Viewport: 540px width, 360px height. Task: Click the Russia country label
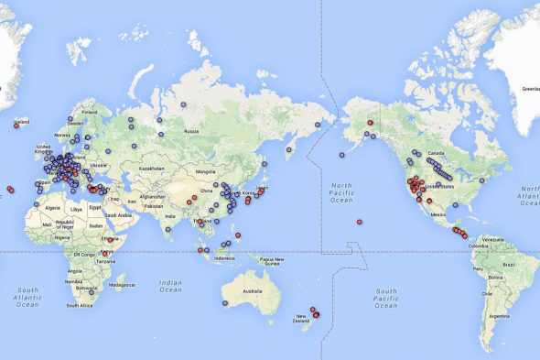(x=190, y=131)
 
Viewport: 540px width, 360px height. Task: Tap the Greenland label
(x=530, y=89)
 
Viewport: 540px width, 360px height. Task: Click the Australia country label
(x=250, y=292)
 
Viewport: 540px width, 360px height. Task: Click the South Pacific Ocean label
(x=386, y=297)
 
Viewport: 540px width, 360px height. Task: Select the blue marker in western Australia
(x=224, y=302)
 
